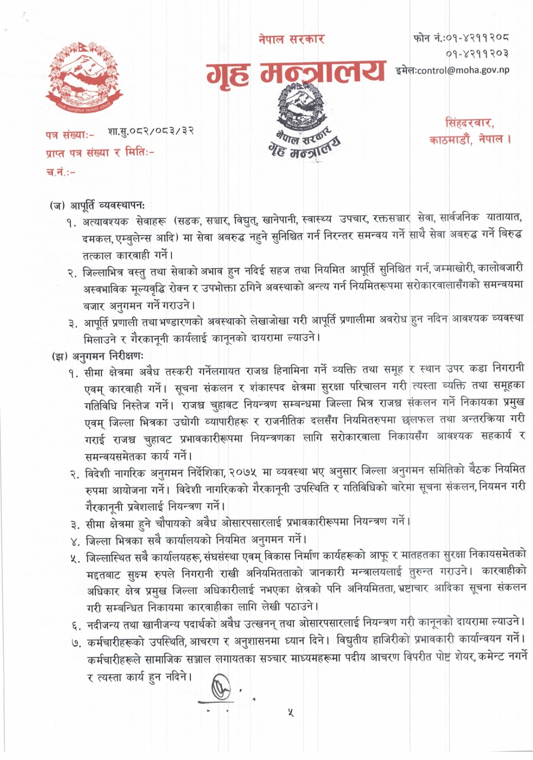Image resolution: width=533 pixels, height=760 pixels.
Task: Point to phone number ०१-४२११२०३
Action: coord(480,53)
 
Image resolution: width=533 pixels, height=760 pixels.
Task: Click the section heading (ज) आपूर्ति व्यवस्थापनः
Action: coord(98,206)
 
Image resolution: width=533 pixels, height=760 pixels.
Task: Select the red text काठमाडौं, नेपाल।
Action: coord(470,140)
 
